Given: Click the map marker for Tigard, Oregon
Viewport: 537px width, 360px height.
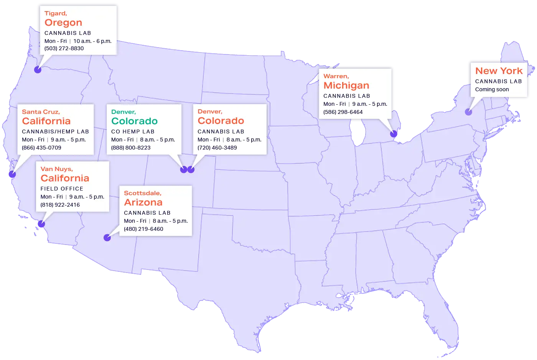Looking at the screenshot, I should tap(38, 70).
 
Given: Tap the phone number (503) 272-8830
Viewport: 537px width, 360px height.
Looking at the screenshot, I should tap(64, 49).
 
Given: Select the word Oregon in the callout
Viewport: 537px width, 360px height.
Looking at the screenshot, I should tap(63, 23).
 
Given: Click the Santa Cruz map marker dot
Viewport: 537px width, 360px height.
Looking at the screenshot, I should tap(12, 174).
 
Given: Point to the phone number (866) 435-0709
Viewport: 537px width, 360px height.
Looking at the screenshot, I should tap(41, 148).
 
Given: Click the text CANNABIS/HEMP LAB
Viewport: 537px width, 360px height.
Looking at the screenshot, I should tap(55, 132).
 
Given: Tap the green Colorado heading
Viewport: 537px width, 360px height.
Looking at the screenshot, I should tap(134, 121).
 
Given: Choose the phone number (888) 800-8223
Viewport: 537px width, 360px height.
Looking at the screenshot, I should tap(131, 148).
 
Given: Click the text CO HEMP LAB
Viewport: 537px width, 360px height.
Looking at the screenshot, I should tap(133, 132).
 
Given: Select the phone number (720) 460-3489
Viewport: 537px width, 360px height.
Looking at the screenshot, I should tap(217, 148).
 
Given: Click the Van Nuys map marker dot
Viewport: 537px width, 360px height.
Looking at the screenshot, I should tap(41, 224).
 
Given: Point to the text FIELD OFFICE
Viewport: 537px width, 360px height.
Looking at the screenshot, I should tap(62, 189).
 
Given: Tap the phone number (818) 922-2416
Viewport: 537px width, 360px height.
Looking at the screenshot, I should tap(60, 205).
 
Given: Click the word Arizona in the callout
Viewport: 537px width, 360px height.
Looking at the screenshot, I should tap(143, 202).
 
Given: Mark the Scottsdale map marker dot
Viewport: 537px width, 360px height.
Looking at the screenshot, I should tap(107, 238).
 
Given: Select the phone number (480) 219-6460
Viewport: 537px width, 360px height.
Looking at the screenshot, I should tap(143, 229).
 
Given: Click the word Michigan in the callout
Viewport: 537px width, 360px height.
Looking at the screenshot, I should tap(346, 85).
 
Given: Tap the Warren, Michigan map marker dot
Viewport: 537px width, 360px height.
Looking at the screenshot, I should tap(394, 134).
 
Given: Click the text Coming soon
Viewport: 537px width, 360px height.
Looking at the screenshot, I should tap(492, 89).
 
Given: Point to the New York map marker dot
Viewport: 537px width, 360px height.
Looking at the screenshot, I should tap(468, 112).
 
